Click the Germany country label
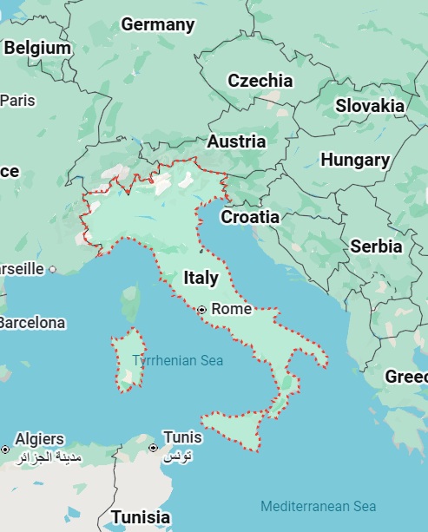(157, 24)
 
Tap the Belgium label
(37, 49)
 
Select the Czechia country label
(260, 81)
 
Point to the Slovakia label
(370, 106)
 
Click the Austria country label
(236, 141)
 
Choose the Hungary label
(355, 160)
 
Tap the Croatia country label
(250, 217)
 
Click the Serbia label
(376, 246)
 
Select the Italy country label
(201, 278)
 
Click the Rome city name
(231, 309)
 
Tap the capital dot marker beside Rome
(202, 309)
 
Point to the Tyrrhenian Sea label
(177, 360)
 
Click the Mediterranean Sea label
(318, 506)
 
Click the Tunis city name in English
(182, 437)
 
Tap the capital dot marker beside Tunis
(153, 448)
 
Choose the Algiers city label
(39, 438)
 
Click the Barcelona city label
(31, 323)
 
